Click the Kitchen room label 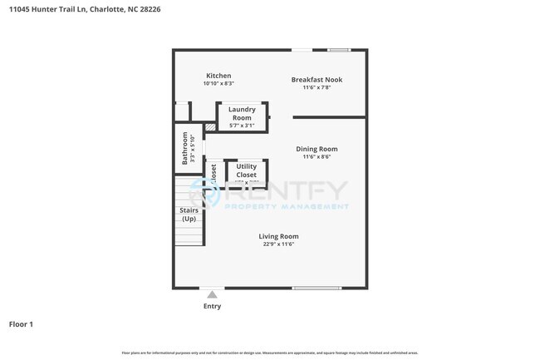tap(218, 76)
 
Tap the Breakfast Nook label tap(317, 80)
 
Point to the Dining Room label tap(317, 150)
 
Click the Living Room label tap(278, 236)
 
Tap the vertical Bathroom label tap(185, 149)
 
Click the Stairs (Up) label tap(189, 215)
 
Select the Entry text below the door tap(213, 306)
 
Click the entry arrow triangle tap(213, 294)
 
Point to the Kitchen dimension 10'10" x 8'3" tap(218, 83)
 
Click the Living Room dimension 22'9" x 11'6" tap(278, 244)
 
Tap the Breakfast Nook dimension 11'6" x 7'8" tap(317, 87)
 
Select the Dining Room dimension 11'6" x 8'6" tap(317, 157)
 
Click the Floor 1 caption tap(21, 323)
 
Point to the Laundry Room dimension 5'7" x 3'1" tap(242, 126)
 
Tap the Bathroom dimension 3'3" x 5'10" tap(193, 149)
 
